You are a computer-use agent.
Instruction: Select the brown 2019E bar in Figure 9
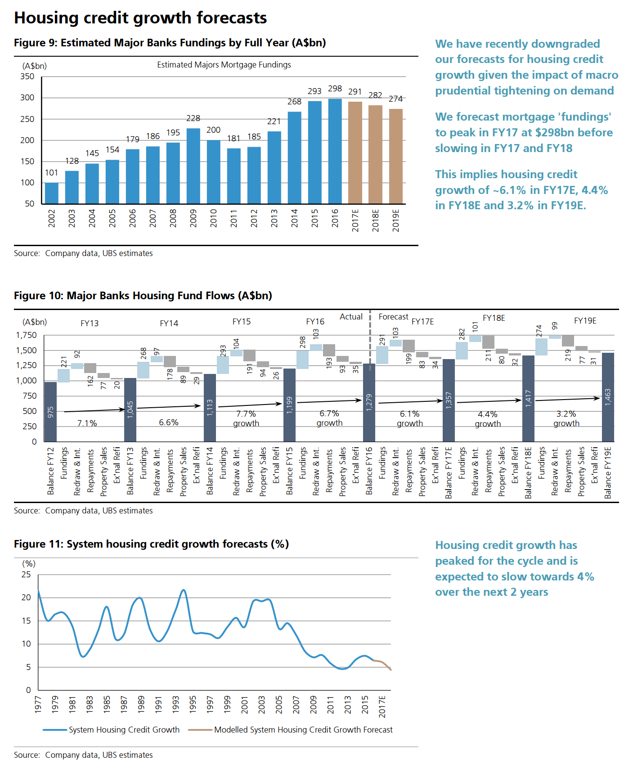[395, 156]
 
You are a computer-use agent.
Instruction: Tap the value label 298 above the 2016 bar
[335, 89]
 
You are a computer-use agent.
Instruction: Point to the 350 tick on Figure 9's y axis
[27, 76]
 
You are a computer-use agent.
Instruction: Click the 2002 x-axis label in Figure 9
[52, 218]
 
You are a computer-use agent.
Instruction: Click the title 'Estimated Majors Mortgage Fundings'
[224, 65]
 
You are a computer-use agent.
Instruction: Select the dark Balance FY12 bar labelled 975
[50, 411]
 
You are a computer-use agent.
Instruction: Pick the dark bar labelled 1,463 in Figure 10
[608, 397]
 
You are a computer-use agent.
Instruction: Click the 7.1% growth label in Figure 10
[87, 423]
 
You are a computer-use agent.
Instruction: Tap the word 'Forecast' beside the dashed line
[393, 317]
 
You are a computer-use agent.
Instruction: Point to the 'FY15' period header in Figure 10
[242, 322]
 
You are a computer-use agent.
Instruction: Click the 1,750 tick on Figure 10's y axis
[27, 335]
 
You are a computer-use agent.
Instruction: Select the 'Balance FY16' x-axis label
[369, 471]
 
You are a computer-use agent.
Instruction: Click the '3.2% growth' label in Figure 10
[566, 418]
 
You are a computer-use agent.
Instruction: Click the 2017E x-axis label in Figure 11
[382, 706]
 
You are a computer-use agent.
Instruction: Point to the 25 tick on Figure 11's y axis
[27, 575]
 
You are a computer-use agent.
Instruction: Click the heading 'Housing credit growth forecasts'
[140, 18]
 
